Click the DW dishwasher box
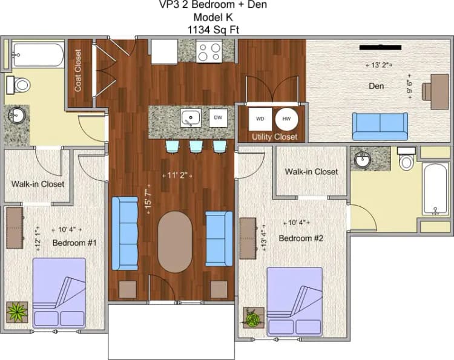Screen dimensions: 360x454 218,117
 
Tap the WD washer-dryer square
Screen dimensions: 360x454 260,119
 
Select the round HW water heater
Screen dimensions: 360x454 286,119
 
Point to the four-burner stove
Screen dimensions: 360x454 209,51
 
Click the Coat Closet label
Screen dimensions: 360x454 78,75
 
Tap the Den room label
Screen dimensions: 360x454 377,86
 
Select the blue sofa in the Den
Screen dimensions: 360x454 380,126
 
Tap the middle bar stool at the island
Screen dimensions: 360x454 196,146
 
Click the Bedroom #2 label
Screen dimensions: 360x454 301,238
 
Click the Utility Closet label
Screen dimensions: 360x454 275,137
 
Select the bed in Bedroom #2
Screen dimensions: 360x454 294,301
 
